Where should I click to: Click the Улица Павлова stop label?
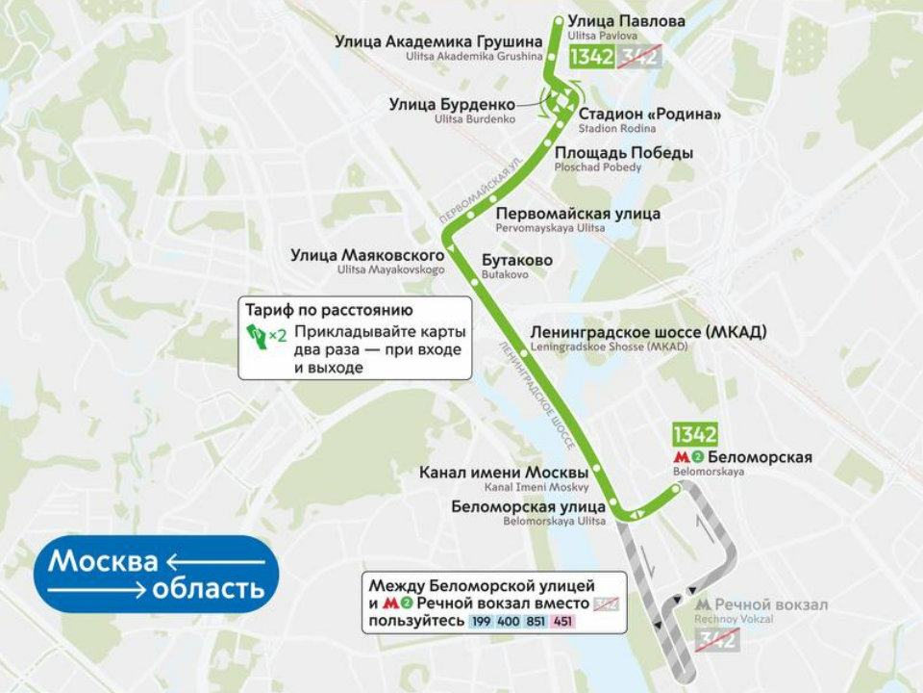point(626,21)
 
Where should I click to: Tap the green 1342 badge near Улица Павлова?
point(591,57)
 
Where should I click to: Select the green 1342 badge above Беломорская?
point(694,434)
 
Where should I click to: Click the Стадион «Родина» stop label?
point(649,115)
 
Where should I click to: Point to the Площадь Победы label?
point(623,153)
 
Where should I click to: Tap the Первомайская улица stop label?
point(577,214)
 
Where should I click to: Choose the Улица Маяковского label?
point(367,255)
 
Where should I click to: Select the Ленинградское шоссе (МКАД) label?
point(648,332)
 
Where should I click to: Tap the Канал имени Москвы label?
point(504,473)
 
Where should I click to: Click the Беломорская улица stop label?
point(528,506)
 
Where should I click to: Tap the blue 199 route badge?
point(481,623)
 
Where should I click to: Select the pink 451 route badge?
point(562,623)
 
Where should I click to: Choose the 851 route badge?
point(536,623)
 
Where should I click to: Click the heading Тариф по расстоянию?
point(329,311)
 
